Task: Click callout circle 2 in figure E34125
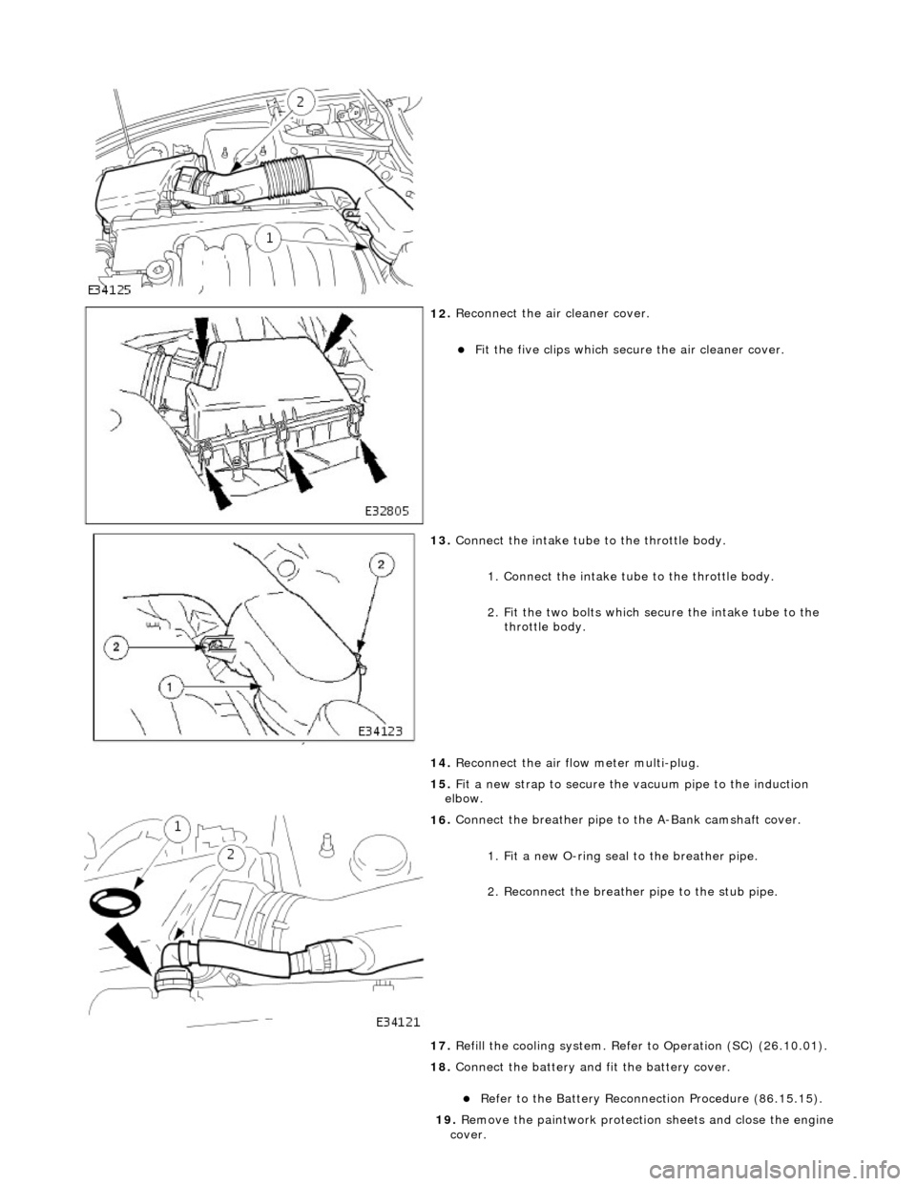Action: pos(299,102)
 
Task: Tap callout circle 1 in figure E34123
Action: pos(170,688)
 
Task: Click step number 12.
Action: pos(441,313)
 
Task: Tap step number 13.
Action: pos(441,540)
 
